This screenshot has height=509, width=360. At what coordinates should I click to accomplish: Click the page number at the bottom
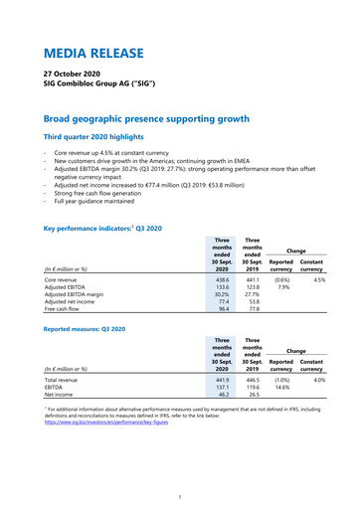tap(179, 497)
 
